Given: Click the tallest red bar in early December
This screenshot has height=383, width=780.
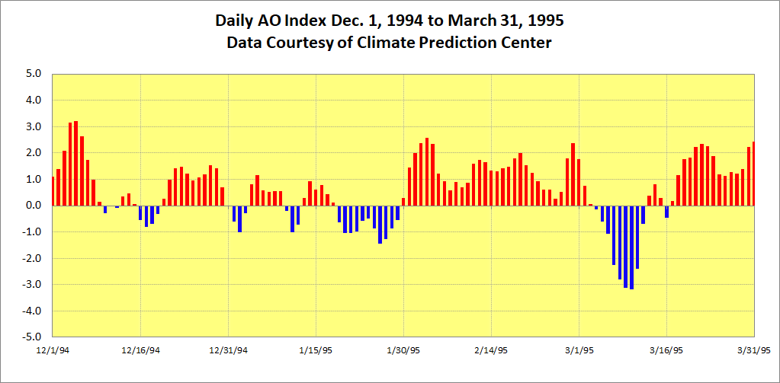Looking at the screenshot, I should (x=76, y=163).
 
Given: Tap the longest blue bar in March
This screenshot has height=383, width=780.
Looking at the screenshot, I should (x=631, y=247).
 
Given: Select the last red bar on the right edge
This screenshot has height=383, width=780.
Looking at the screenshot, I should (x=753, y=174).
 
